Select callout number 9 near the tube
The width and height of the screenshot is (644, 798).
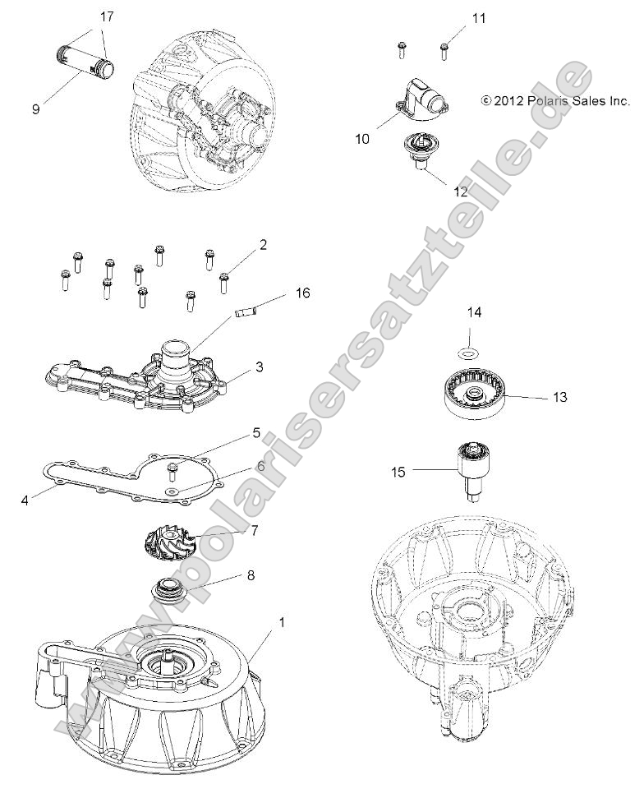[35, 108]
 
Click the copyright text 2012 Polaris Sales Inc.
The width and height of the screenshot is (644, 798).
[554, 101]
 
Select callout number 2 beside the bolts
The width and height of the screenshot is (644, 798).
[263, 244]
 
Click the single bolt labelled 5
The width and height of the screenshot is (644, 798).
[173, 471]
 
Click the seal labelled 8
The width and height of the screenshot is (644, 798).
[169, 591]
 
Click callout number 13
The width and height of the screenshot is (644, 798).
[559, 397]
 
